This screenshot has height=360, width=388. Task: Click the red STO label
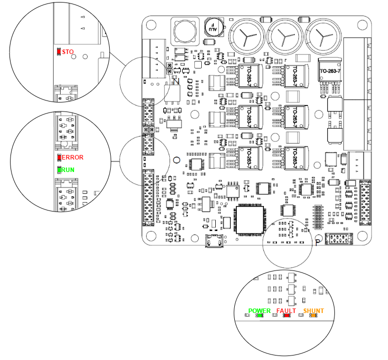click(x=67, y=51)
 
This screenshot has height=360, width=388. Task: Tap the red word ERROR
click(x=72, y=157)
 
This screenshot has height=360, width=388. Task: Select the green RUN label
click(x=68, y=169)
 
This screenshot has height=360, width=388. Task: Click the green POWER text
click(x=259, y=310)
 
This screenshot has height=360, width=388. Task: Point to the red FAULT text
click(x=286, y=310)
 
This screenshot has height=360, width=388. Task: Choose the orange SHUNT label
click(x=313, y=310)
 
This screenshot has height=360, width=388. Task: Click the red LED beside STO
click(x=59, y=51)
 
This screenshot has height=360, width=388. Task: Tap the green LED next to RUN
click(x=59, y=169)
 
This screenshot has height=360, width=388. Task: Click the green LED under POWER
click(x=260, y=315)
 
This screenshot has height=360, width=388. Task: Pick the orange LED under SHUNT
click(x=314, y=315)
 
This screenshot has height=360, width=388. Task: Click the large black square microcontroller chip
click(x=250, y=219)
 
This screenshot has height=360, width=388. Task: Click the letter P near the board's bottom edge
click(x=318, y=242)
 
